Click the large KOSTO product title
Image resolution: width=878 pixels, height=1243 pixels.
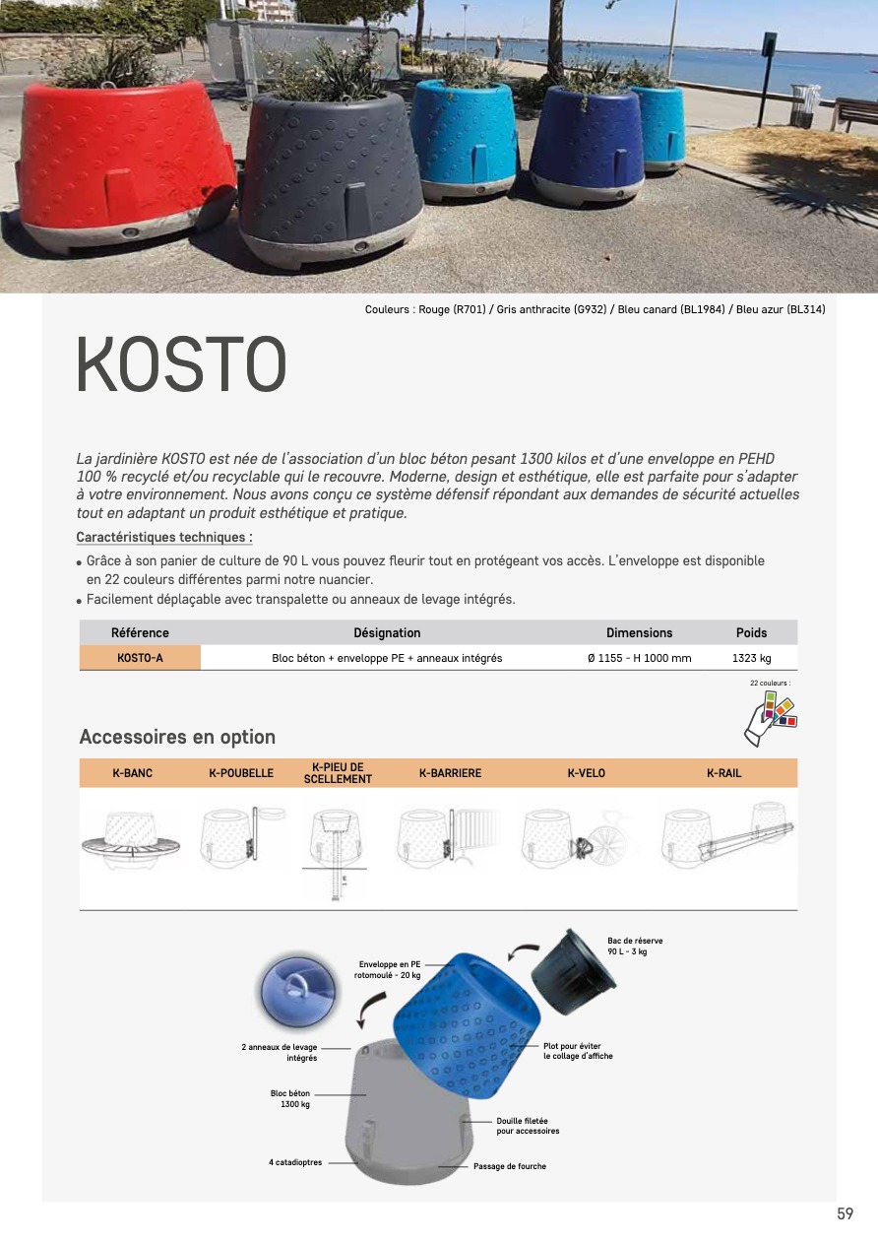[x=182, y=364]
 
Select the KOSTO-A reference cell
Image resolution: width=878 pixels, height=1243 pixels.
[x=140, y=658]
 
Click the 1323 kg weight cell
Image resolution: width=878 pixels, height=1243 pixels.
[x=751, y=658]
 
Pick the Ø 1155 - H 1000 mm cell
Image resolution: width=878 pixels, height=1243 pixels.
[x=639, y=658]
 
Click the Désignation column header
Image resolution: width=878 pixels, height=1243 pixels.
[x=387, y=633]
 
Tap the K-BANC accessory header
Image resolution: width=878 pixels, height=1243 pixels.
[x=132, y=773]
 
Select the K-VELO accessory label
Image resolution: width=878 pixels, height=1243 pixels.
[x=586, y=773]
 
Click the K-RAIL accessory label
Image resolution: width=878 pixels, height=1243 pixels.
[x=723, y=773]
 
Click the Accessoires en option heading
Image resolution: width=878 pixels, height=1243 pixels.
[x=177, y=737]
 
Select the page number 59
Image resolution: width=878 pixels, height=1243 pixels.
[x=845, y=1214]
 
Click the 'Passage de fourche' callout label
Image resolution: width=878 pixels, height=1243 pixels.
[x=509, y=1166]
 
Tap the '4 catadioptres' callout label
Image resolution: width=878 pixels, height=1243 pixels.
[x=295, y=1162]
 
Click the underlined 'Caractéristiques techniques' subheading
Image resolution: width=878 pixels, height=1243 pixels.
[x=164, y=538]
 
